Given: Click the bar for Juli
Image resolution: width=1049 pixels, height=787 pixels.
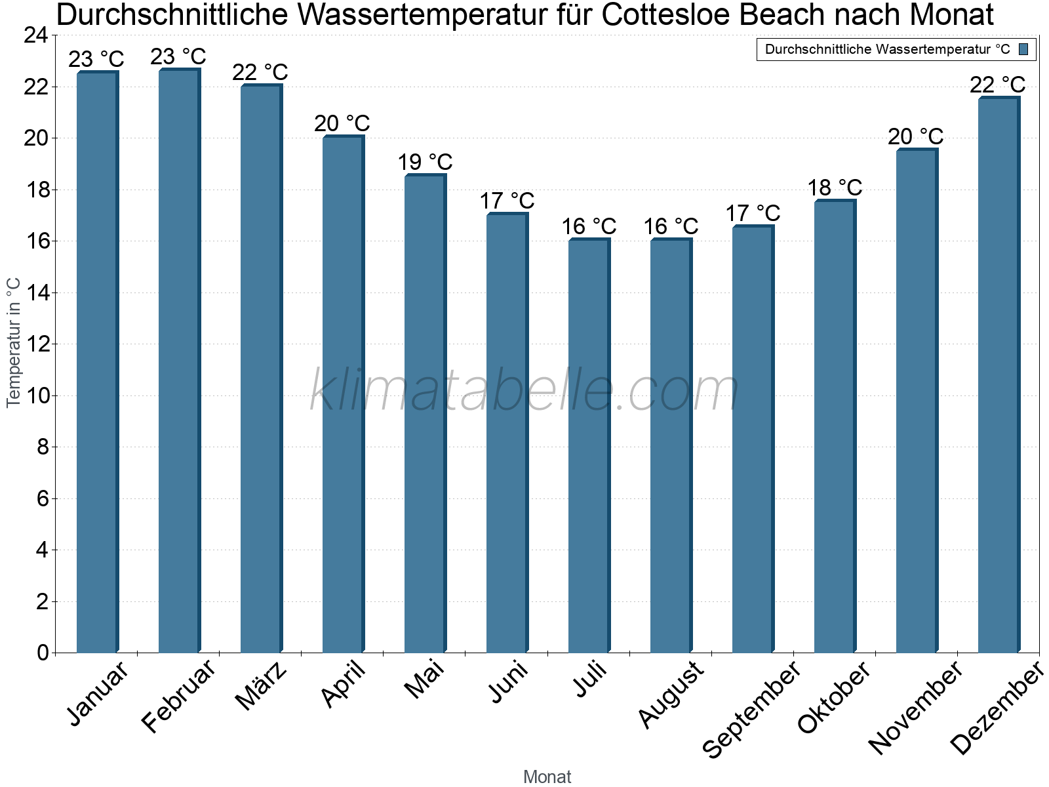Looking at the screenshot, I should pyautogui.click(x=589, y=446).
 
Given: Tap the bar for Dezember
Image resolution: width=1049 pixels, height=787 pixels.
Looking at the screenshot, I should pyautogui.click(x=999, y=374).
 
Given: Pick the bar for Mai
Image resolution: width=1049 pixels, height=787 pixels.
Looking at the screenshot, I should pyautogui.click(x=425, y=413).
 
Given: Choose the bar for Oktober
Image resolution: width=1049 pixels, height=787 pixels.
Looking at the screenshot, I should pyautogui.click(x=835, y=426).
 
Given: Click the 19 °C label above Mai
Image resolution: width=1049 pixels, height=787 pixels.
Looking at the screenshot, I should pyautogui.click(x=425, y=162).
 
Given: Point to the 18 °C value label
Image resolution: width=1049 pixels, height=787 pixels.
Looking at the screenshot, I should pyautogui.click(x=835, y=188).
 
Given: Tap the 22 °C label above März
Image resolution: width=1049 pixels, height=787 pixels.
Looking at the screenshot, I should pyautogui.click(x=260, y=72).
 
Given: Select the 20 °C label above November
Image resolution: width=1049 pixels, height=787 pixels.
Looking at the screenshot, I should pyautogui.click(x=916, y=136).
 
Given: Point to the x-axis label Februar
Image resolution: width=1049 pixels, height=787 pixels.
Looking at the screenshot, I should pyautogui.click(x=178, y=696).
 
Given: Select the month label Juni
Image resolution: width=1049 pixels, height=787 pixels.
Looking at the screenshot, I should pyautogui.click(x=508, y=682).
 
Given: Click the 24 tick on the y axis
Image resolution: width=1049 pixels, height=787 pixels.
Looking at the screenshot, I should pyautogui.click(x=36, y=35).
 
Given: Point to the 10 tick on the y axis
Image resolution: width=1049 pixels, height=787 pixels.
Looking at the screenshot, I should pyautogui.click(x=36, y=395).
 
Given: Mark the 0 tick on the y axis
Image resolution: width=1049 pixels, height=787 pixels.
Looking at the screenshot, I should pyautogui.click(x=43, y=653).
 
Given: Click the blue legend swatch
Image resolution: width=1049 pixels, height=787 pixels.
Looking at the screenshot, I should pyautogui.click(x=1023, y=49).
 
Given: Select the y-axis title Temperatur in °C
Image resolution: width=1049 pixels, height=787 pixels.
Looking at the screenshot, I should pyautogui.click(x=14, y=342).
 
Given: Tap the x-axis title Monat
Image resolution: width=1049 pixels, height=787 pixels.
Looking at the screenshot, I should pyautogui.click(x=547, y=777).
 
